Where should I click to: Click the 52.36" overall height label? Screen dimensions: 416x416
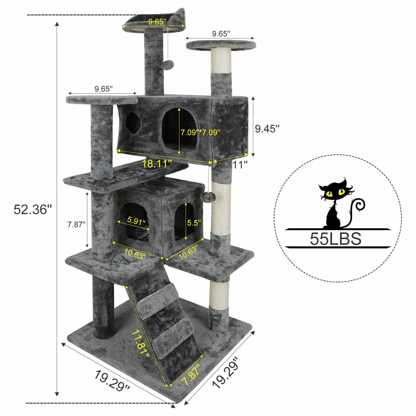(33, 210)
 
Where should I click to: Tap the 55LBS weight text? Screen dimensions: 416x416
(336, 239)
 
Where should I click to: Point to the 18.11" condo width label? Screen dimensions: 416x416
(157, 164)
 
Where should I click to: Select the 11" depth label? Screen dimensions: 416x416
(240, 165)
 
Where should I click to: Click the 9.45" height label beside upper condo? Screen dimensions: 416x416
(267, 129)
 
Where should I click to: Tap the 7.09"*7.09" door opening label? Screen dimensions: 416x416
(200, 132)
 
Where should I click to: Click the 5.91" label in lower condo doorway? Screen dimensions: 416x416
(136, 221)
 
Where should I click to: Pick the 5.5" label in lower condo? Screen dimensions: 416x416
(194, 223)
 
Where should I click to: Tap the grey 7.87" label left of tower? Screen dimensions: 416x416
(76, 224)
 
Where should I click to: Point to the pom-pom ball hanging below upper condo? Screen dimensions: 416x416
(210, 196)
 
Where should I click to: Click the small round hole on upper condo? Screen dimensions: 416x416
(133, 123)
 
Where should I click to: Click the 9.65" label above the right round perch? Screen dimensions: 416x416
(221, 34)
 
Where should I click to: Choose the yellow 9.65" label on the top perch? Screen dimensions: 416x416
(157, 22)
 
